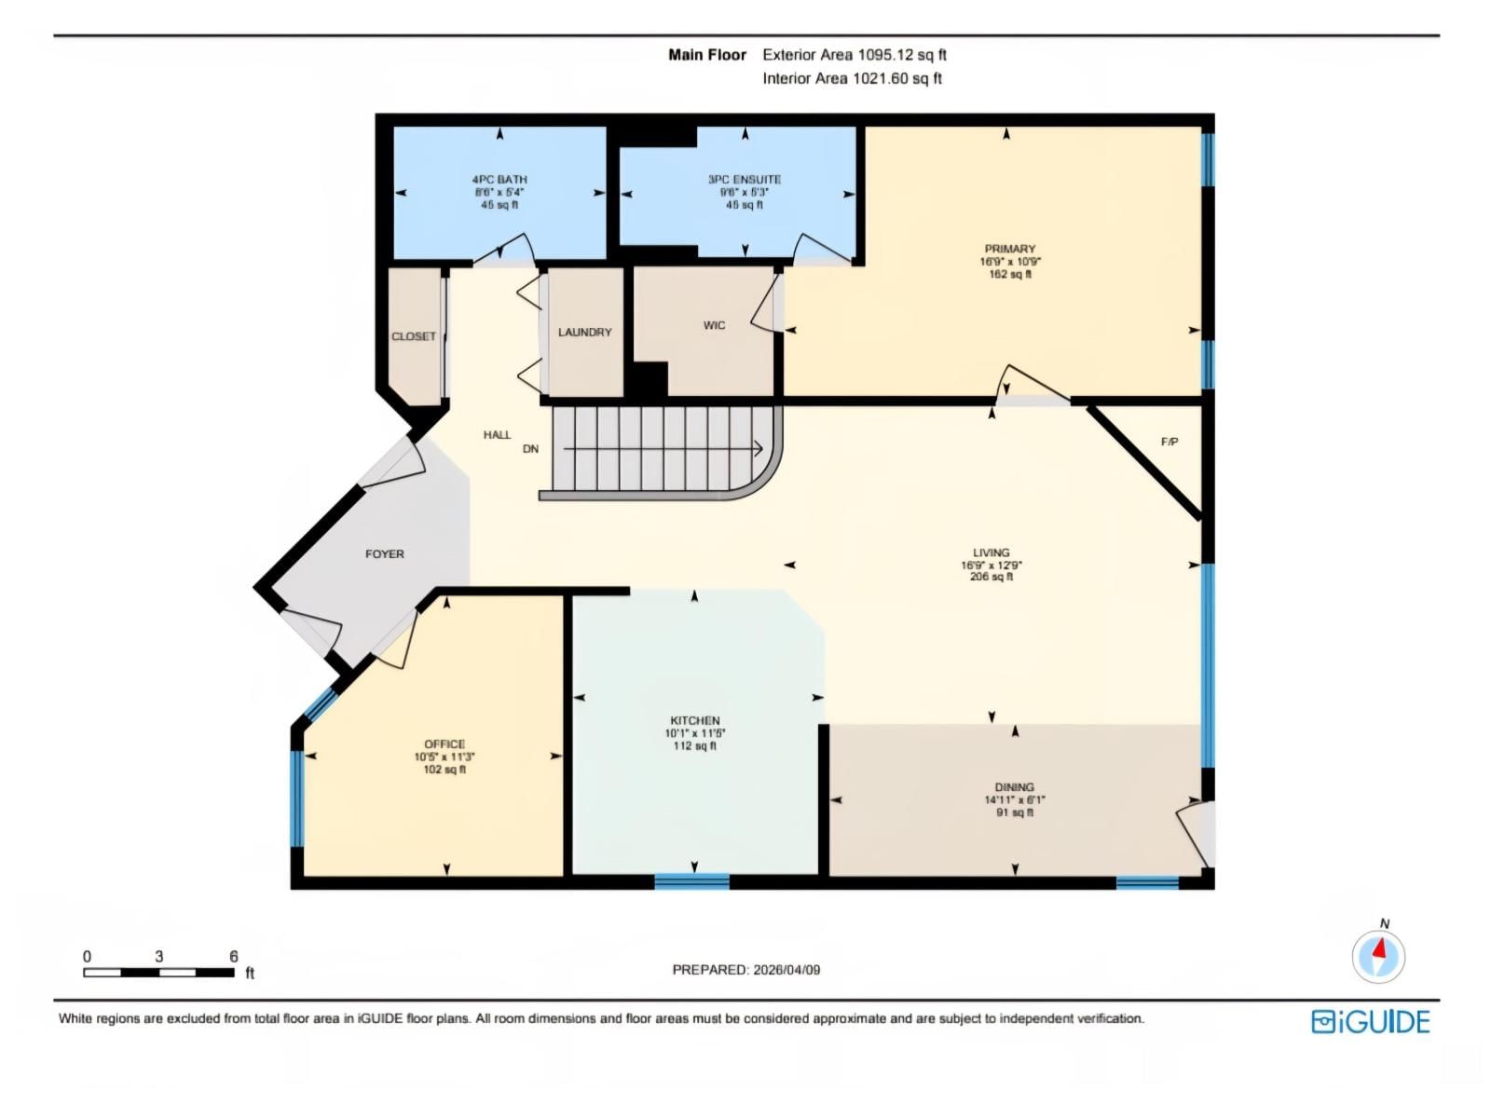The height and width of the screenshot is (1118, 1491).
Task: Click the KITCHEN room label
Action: click(694, 720)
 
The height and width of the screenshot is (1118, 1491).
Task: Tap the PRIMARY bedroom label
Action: click(1009, 249)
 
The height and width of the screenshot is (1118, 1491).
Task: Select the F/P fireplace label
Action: click(1169, 442)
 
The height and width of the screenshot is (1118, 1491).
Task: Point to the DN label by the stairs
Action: click(530, 449)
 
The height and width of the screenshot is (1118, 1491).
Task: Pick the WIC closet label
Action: click(714, 325)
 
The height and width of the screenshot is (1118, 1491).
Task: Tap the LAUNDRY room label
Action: click(584, 333)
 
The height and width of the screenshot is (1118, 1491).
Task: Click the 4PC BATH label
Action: click(499, 180)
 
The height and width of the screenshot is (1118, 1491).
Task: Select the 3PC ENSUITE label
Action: click(744, 180)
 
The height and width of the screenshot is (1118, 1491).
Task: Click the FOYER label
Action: click(384, 554)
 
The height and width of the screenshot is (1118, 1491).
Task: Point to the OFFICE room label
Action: click(445, 744)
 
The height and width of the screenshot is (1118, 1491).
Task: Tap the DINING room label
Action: click(1014, 787)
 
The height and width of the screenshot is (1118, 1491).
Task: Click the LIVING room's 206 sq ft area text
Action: click(991, 577)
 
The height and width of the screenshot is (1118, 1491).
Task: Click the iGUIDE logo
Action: click(1370, 1022)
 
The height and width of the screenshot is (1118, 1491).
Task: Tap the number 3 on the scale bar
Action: click(159, 957)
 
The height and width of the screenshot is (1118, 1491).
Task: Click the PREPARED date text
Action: click(745, 970)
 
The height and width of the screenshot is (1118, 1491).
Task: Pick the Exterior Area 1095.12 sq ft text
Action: click(854, 55)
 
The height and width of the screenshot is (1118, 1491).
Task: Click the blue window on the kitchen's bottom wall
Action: click(691, 880)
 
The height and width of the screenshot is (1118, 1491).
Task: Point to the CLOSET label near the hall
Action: click(413, 336)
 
